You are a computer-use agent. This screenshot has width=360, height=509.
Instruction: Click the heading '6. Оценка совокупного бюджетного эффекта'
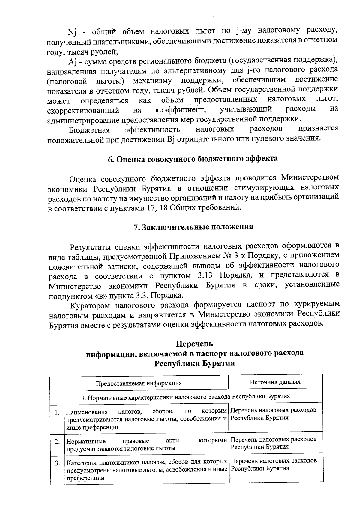(193, 159)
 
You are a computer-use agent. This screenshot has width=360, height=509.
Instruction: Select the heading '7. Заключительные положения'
(193, 227)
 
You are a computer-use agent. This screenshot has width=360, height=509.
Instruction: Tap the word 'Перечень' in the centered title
(194, 343)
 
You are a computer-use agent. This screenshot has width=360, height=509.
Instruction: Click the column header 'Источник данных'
(275, 382)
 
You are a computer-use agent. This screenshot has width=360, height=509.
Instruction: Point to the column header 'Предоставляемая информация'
(139, 383)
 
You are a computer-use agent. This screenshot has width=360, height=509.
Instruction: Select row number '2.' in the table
(57, 442)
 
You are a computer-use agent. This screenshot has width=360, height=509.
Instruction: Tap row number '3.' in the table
(57, 463)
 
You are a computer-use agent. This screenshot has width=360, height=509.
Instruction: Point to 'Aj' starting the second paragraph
(73, 62)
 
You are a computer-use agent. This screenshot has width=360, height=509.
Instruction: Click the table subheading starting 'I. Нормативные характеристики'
(186, 397)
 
